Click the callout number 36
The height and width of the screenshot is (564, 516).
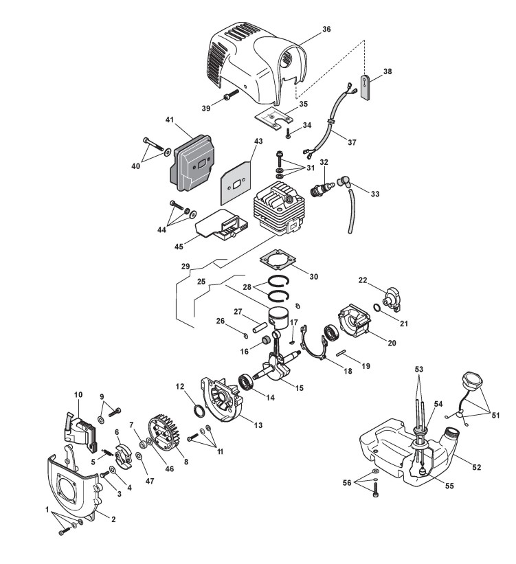(x=326, y=30)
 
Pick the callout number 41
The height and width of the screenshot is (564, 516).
(x=168, y=119)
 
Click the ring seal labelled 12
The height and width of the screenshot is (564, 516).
(x=197, y=411)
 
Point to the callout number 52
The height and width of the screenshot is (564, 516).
(x=476, y=467)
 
